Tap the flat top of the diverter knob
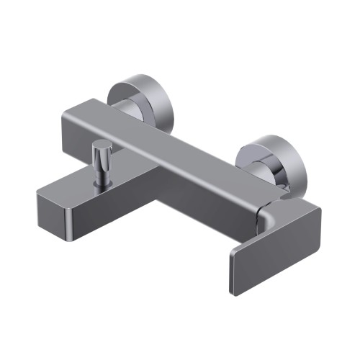(102, 146)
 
